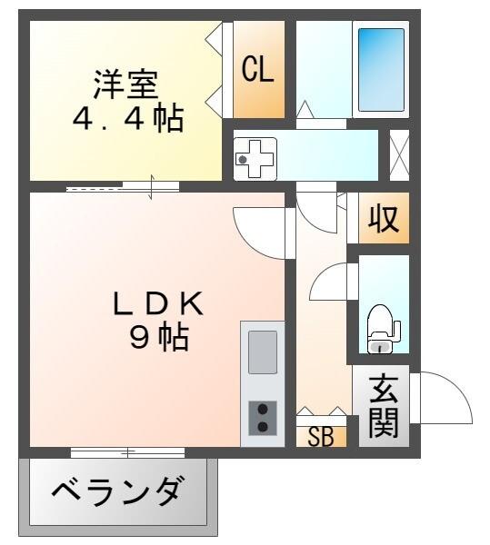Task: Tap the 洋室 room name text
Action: [126, 84]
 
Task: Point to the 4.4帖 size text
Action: [128, 119]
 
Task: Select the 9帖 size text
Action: [159, 338]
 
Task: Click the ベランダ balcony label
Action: [117, 494]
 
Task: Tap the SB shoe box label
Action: [320, 437]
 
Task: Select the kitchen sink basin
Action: [263, 352]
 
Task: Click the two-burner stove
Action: [263, 418]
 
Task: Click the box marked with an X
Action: [398, 154]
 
